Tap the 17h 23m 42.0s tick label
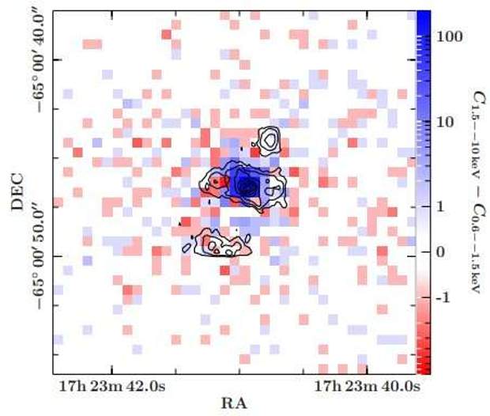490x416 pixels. (x=111, y=387)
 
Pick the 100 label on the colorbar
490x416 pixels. (x=455, y=38)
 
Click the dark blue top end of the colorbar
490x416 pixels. (x=423, y=16)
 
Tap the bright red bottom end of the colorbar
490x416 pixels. (x=423, y=367)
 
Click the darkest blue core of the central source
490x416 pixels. (x=247, y=187)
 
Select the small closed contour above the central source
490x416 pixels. (x=269, y=139)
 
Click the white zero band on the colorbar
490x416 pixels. (x=423, y=261)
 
